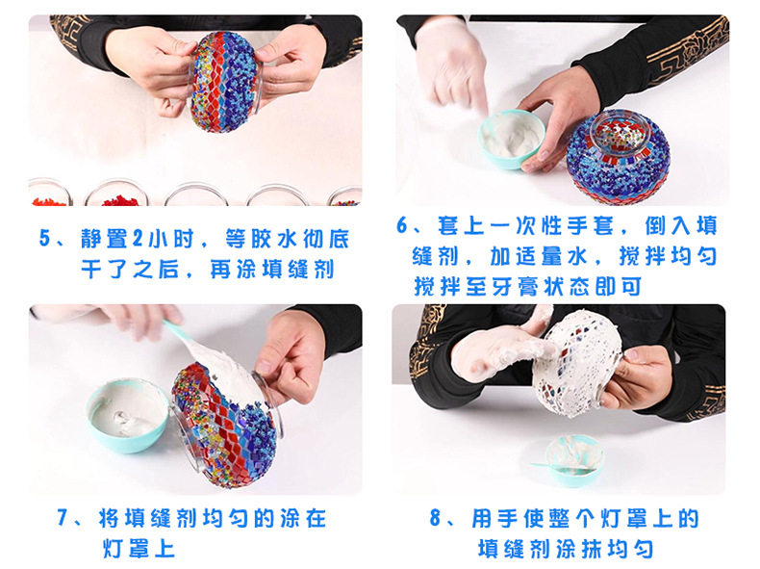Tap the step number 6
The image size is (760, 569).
(x=403, y=227)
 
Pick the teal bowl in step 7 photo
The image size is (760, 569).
(x=128, y=416)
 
